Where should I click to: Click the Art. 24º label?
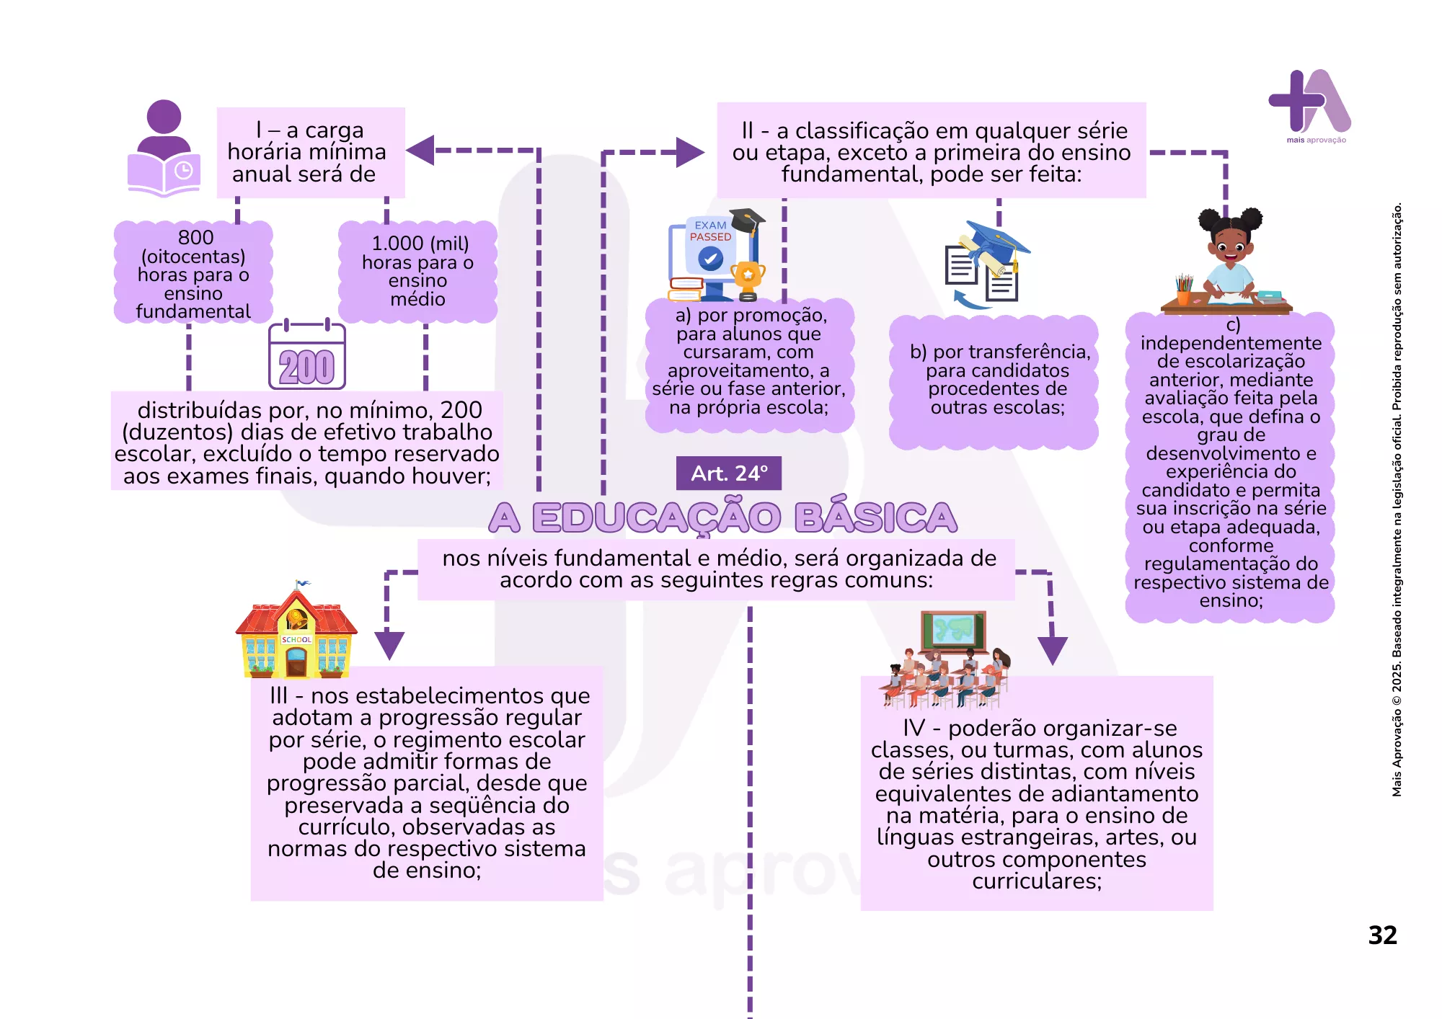tap(728, 473)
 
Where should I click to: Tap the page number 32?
tap(1382, 935)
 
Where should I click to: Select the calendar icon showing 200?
tap(307, 355)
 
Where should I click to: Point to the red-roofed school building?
tap(296, 631)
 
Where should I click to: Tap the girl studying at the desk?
tap(1227, 261)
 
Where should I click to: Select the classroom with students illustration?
tap(945, 660)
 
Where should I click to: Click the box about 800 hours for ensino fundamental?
tap(193, 272)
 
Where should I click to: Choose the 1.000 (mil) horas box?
tap(418, 272)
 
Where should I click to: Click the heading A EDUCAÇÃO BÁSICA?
tap(723, 517)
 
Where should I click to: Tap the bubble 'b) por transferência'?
tap(994, 383)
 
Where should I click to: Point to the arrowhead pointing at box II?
tap(690, 152)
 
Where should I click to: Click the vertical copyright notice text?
tap(1397, 499)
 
